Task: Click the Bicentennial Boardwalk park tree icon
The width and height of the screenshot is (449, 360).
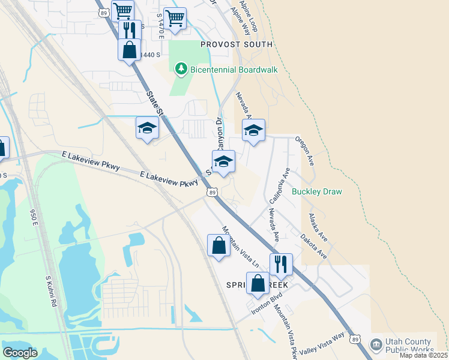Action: coord(181,70)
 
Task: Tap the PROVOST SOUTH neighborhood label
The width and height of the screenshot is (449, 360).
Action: coord(237,44)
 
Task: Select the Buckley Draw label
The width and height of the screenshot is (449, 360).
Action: coord(316,192)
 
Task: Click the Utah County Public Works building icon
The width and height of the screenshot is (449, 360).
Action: coord(376,344)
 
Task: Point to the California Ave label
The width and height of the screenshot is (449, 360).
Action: coord(280,183)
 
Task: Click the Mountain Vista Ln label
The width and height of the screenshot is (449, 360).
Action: coord(240,247)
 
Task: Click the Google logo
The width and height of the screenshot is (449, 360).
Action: coord(20,352)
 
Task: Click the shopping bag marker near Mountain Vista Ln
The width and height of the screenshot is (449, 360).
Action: coord(218,245)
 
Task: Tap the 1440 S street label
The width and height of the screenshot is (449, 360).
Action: coord(150,55)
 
